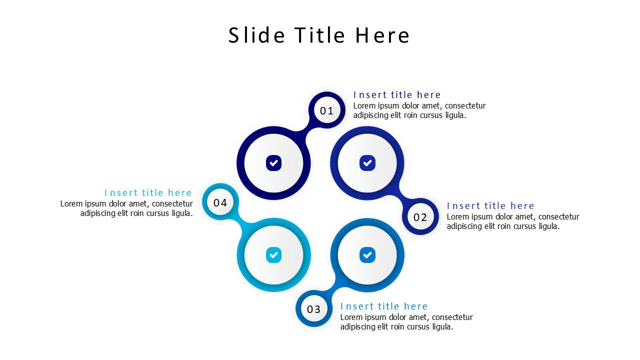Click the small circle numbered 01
(327, 110)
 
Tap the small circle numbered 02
(420, 217)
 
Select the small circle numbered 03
(314, 309)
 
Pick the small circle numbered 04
(220, 202)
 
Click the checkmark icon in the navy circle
(273, 163)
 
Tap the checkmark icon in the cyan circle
(273, 255)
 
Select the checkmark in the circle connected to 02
(367, 163)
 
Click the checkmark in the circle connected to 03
(367, 255)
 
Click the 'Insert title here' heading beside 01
(397, 95)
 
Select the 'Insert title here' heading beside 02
(490, 206)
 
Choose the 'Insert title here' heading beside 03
(384, 306)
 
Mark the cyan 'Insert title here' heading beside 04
(148, 193)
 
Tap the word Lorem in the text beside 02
(458, 217)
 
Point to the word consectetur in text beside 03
(452, 317)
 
